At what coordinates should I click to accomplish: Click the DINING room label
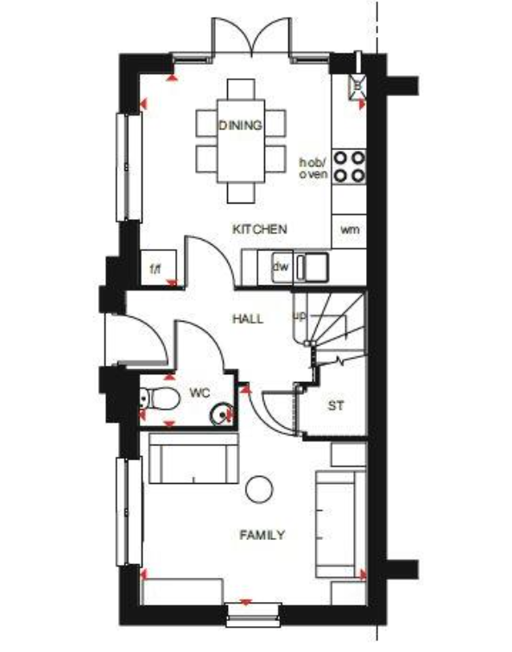[240, 126]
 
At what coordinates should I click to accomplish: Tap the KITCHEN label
[259, 229]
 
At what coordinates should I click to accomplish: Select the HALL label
[248, 319]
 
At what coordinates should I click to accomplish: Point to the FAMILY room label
[262, 536]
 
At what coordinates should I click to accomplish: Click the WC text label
[199, 393]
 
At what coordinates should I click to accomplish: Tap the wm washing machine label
[349, 229]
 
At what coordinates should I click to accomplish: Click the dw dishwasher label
[281, 266]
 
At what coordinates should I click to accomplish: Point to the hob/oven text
[313, 168]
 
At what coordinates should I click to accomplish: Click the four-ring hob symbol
[350, 166]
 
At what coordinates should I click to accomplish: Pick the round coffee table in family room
[258, 490]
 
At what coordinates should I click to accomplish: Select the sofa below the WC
[194, 459]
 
